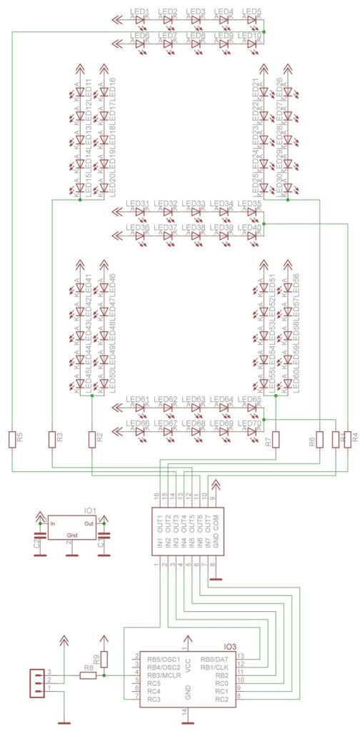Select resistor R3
(51, 438)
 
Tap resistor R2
(92, 438)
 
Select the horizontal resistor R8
(88, 675)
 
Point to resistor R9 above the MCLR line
(104, 658)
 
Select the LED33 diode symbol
(196, 212)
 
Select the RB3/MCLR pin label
(161, 675)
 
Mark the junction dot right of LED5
(264, 32)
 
